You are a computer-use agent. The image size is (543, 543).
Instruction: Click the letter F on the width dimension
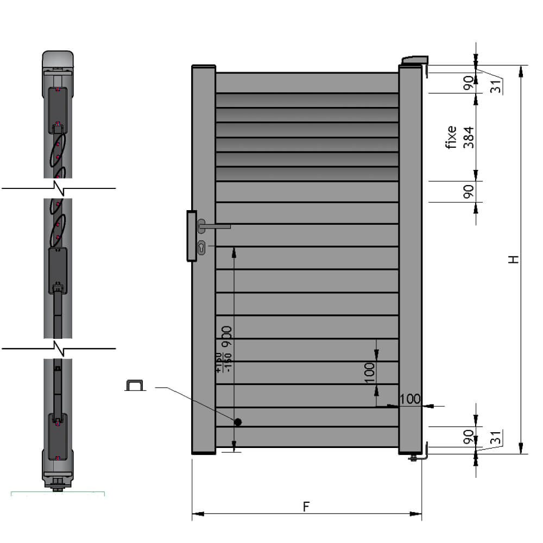tap(306, 506)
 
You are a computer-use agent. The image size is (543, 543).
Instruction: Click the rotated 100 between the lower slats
tap(369, 373)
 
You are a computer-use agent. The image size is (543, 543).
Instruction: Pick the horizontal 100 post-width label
tap(410, 399)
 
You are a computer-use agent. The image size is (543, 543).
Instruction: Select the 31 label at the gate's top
tap(495, 86)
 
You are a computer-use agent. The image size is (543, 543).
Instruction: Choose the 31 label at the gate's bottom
tap(495, 438)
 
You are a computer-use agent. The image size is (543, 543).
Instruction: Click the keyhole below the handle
tap(202, 247)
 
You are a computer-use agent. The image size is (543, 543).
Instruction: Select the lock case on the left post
tap(191, 236)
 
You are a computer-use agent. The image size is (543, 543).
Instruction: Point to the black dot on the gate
tap(238, 422)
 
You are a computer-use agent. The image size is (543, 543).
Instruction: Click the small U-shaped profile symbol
tap(136, 385)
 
